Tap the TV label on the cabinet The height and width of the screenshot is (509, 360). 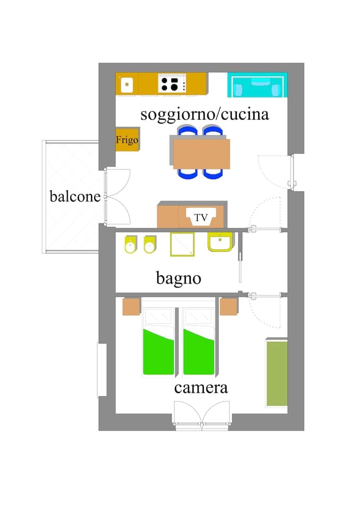[202, 218]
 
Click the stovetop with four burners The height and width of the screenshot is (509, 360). [172, 83]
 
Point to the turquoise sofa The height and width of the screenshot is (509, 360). [257, 85]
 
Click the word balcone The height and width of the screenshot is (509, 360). [75, 196]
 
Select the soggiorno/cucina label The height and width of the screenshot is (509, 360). [205, 114]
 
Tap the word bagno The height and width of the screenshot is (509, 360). [178, 278]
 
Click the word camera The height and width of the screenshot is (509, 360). [201, 388]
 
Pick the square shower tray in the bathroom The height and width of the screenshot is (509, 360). [182, 244]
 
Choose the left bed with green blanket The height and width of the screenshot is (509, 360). [158, 341]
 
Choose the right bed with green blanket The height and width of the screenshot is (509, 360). [199, 341]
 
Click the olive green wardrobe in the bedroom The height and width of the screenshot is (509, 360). [276, 373]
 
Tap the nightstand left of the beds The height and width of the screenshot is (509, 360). [131, 306]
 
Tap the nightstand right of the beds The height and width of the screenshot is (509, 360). [229, 306]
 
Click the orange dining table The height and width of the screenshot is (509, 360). [201, 153]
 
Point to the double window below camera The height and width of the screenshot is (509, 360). [202, 415]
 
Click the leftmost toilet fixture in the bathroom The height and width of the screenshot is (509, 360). [131, 245]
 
